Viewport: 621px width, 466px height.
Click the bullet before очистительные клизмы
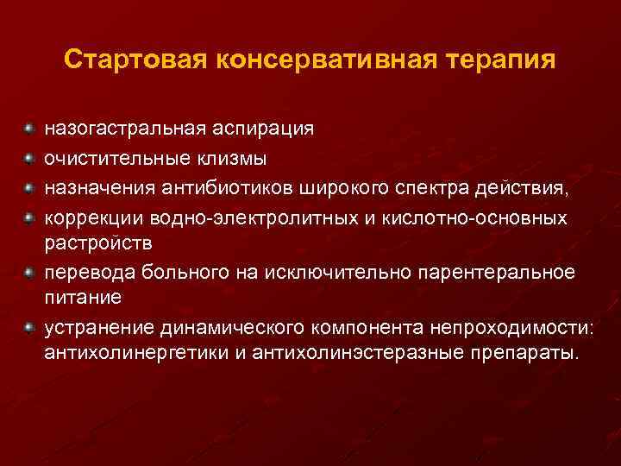(x=29, y=158)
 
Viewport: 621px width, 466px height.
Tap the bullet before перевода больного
(x=29, y=272)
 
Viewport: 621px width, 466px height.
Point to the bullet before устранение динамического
(x=29, y=328)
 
